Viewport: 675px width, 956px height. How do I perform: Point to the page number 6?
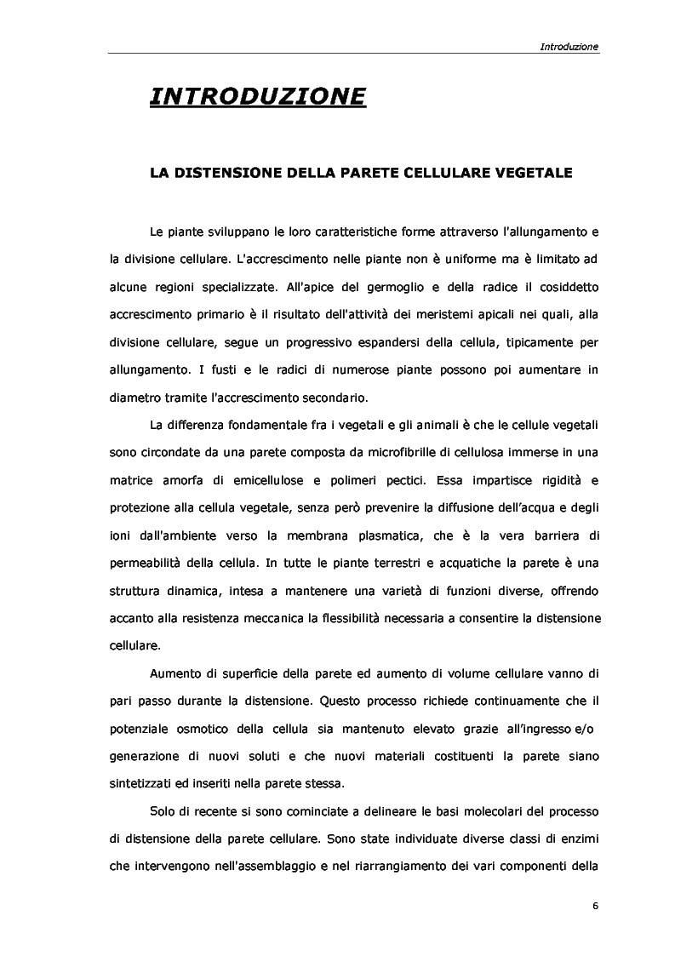pyautogui.click(x=595, y=905)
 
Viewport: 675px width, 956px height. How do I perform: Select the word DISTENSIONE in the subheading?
pyautogui.click(x=233, y=172)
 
